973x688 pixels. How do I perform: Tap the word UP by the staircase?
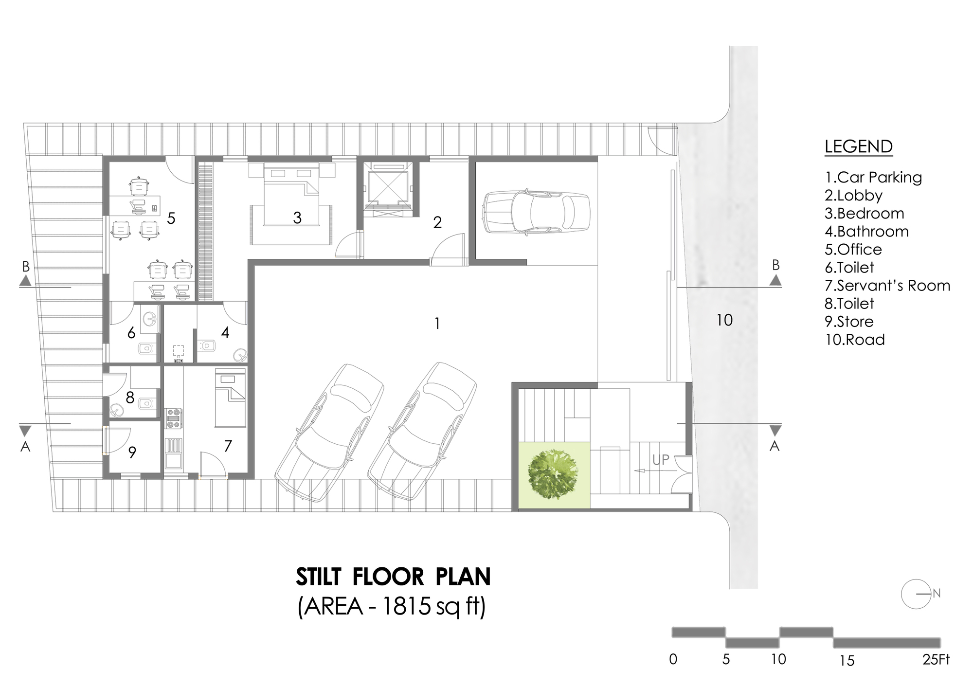tap(661, 459)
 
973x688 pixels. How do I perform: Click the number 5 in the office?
tap(171, 218)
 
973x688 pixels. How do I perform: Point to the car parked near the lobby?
tap(535, 212)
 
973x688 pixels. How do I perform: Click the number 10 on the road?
tap(724, 320)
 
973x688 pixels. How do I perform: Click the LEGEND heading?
tap(858, 146)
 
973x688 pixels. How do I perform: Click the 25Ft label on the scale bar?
tap(936, 659)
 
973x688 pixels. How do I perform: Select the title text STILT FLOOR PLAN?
tap(393, 577)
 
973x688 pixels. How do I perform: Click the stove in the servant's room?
tap(174, 418)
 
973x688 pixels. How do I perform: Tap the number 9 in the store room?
tap(132, 453)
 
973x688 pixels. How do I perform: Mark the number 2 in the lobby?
tap(437, 222)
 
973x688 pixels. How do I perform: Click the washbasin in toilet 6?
tap(149, 319)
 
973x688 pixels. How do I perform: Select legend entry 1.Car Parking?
tap(873, 177)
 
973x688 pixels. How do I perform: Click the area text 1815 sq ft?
tap(392, 607)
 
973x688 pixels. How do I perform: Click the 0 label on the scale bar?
tap(673, 659)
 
